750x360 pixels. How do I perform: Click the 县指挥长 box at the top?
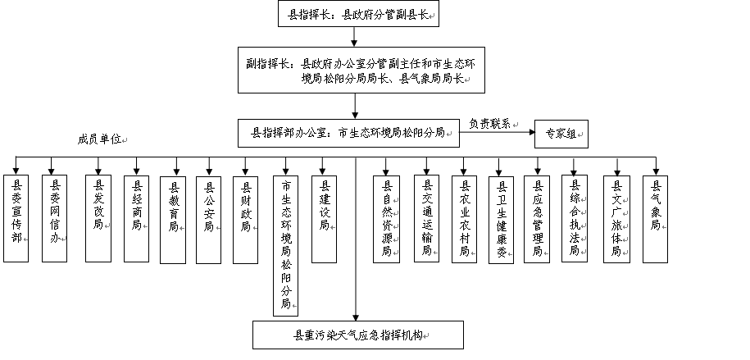coord(358,13)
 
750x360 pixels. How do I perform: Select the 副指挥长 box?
coord(361,70)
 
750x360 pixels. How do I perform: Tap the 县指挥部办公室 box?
coord(348,133)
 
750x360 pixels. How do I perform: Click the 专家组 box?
coord(561,134)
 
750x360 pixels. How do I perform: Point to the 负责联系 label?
coord(489,124)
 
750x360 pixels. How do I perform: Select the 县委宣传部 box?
coord(16,218)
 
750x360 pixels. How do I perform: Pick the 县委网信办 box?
coord(55,218)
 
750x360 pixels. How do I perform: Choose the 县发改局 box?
coord(98,218)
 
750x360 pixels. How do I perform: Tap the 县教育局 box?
coord(173,220)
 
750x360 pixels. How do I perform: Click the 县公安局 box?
coord(208,220)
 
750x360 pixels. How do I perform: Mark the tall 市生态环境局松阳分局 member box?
coord(285,245)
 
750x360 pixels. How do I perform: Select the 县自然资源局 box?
coord(387,219)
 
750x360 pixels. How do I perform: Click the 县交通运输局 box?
coord(427,219)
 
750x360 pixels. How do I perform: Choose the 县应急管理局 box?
coord(537,219)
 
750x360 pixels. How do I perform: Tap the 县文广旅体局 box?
coord(616,219)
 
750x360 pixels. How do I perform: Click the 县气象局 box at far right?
coord(655,219)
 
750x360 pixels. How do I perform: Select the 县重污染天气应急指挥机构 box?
coord(358,335)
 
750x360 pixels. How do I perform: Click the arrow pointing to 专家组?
coord(497,132)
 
